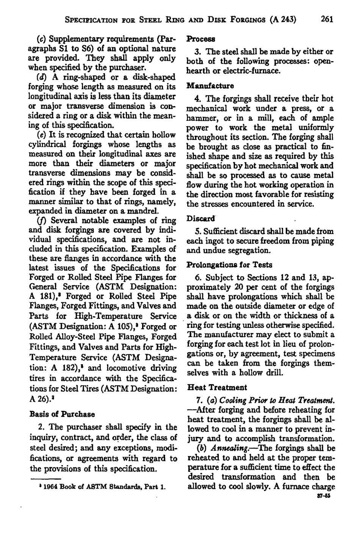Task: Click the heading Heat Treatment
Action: click(x=217, y=387)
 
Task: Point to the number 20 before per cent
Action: click(x=238, y=287)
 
